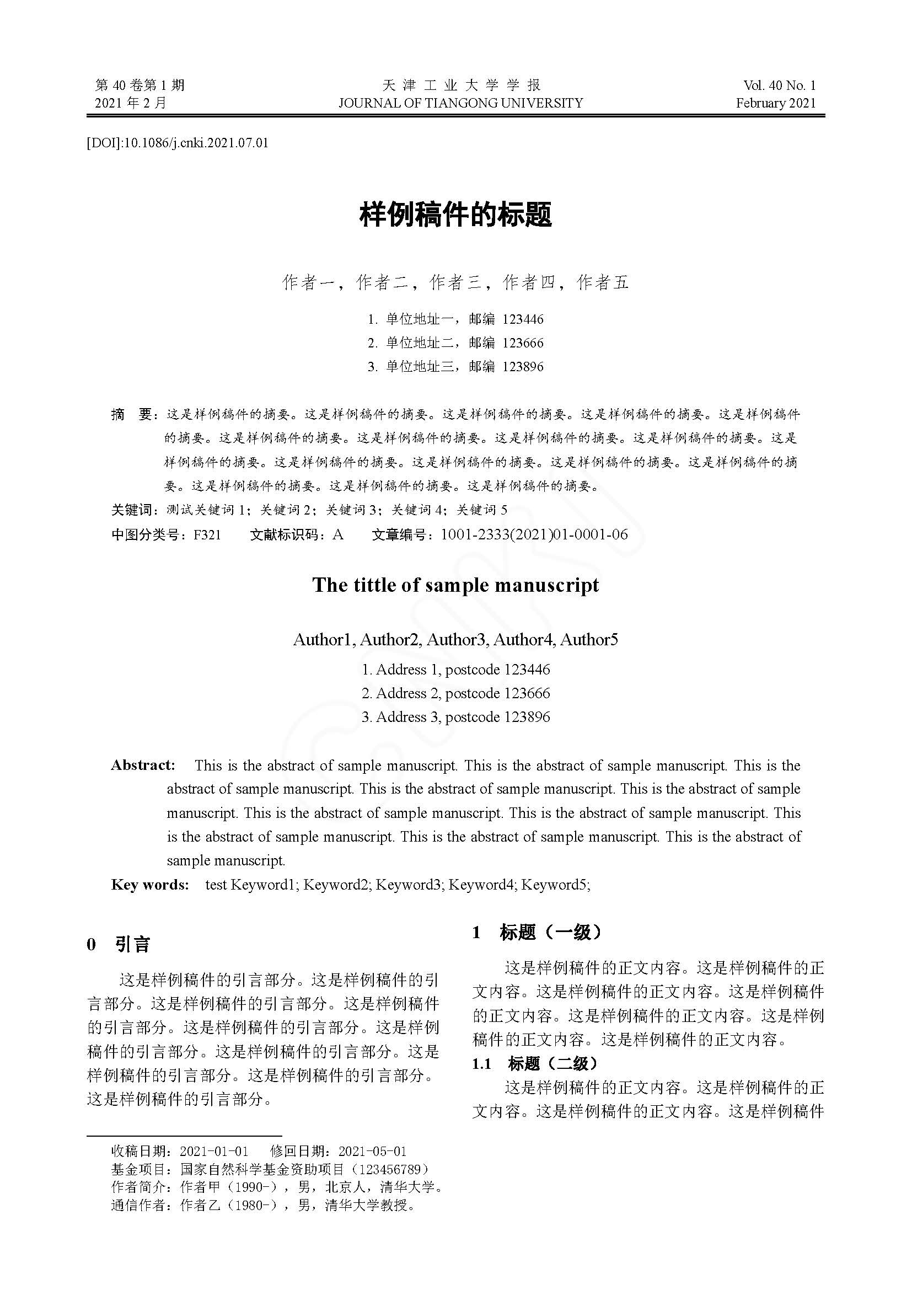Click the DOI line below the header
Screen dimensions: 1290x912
[x=178, y=143]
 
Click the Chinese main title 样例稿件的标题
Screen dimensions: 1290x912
[x=455, y=214]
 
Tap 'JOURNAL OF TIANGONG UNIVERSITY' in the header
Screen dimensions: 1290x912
[x=460, y=103]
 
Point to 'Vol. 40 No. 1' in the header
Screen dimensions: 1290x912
[x=779, y=85]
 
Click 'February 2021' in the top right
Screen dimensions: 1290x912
[x=776, y=103]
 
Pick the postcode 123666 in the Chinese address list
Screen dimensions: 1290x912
[x=523, y=342]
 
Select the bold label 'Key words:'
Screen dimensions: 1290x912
[x=150, y=884]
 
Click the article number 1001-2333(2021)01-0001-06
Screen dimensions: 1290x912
[x=534, y=534]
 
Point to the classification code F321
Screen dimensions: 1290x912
[x=207, y=534]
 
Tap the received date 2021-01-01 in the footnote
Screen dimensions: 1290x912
[x=214, y=1151]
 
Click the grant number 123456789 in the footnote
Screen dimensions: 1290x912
[x=389, y=1169]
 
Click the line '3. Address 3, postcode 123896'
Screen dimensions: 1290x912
[x=455, y=717]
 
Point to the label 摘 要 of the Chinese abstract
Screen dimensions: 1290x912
[x=132, y=415]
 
